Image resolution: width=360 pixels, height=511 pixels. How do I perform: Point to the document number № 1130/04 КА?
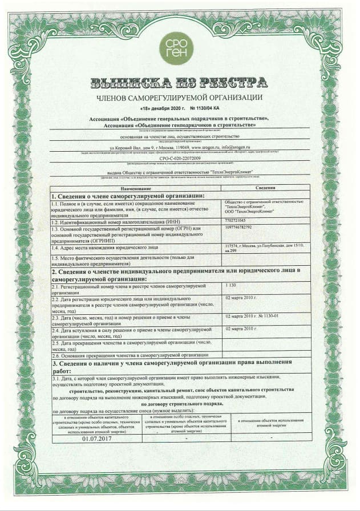(x=204, y=108)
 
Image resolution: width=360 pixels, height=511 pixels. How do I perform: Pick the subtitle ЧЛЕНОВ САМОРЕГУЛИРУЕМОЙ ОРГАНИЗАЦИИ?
(x=180, y=98)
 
